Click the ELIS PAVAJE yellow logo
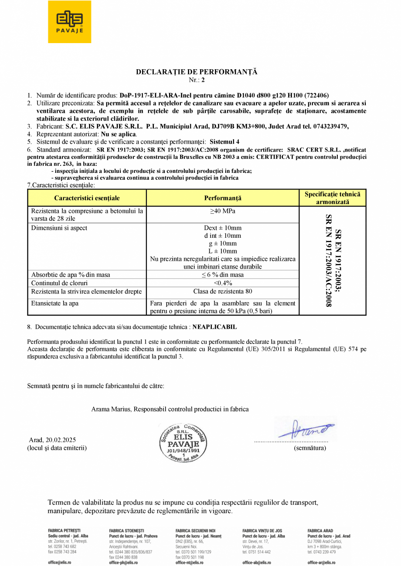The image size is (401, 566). click(x=69, y=22)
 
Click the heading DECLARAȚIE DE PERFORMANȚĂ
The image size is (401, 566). click(x=197, y=72)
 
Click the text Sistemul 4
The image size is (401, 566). click(x=224, y=141)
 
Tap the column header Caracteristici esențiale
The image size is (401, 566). click(x=87, y=198)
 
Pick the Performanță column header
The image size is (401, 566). click(x=223, y=198)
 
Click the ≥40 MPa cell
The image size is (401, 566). click(x=223, y=211)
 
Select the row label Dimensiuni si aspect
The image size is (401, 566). click(x=59, y=228)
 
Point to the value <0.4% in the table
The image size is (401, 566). click(x=223, y=283)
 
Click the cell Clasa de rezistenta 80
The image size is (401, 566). click(x=223, y=291)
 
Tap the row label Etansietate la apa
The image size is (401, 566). click(x=55, y=303)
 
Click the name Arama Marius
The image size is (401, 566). click(x=111, y=409)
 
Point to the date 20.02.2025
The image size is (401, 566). click(x=61, y=440)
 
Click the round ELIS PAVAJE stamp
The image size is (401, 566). click(x=183, y=442)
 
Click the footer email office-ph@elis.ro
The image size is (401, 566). click(x=123, y=563)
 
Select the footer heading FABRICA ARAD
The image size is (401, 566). click(x=320, y=531)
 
